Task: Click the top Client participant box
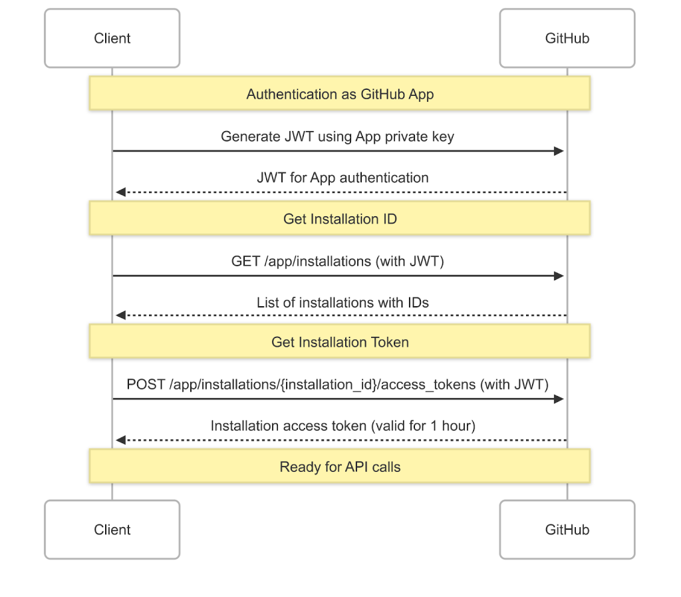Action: pyautogui.click(x=112, y=39)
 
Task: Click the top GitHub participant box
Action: pyautogui.click(x=567, y=39)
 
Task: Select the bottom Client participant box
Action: pyautogui.click(x=112, y=530)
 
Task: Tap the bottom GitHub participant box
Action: pyautogui.click(x=567, y=530)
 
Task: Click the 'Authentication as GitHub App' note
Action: pyautogui.click(x=340, y=93)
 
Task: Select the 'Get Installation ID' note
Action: pyautogui.click(x=340, y=218)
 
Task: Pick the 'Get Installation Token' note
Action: pyautogui.click(x=340, y=342)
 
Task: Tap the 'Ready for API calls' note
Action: pyautogui.click(x=340, y=467)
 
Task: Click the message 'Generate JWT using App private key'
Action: pyautogui.click(x=337, y=136)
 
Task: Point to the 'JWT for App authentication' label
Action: pyautogui.click(x=342, y=178)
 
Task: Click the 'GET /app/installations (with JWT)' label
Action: pyautogui.click(x=337, y=261)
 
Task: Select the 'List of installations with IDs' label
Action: pyautogui.click(x=342, y=302)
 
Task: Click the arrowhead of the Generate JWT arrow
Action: pyautogui.click(x=559, y=151)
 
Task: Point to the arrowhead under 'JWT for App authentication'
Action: pyautogui.click(x=120, y=192)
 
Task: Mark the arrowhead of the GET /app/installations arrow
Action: pyautogui.click(x=559, y=276)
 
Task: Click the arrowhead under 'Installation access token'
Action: pyautogui.click(x=120, y=440)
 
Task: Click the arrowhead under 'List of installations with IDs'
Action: pyautogui.click(x=120, y=316)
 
